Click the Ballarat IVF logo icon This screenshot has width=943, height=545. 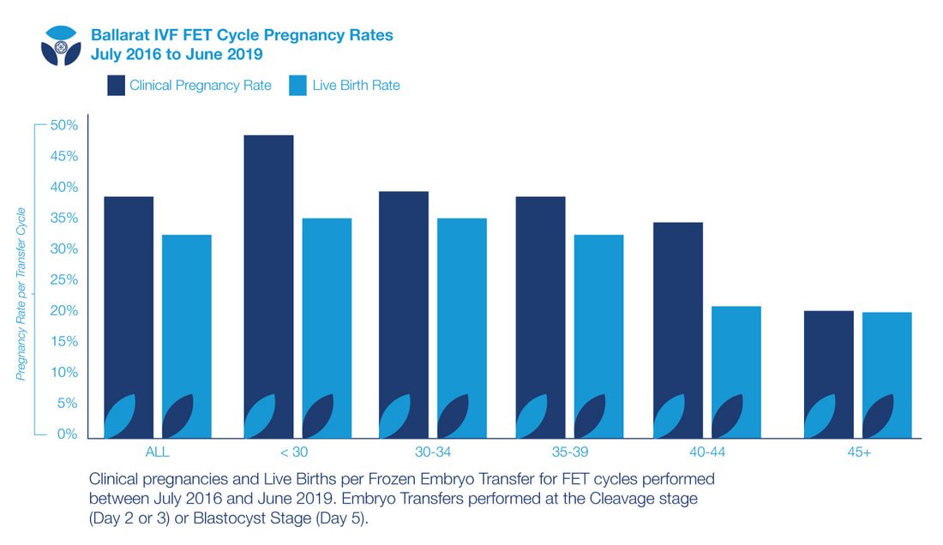tap(61, 45)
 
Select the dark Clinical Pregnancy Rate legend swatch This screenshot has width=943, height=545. tap(117, 85)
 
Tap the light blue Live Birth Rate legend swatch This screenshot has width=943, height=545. tap(298, 85)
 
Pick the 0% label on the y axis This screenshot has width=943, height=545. tap(67, 434)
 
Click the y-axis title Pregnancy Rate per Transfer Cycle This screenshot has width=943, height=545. tap(21, 294)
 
